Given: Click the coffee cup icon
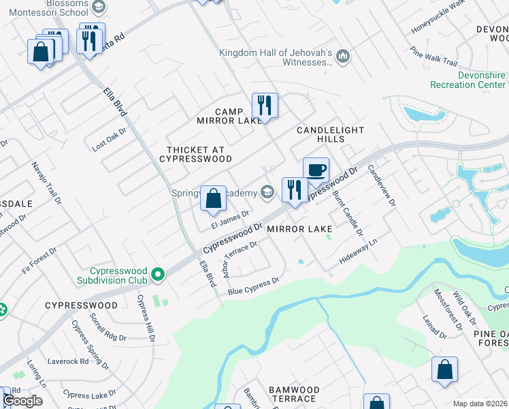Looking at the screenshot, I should point(316,169).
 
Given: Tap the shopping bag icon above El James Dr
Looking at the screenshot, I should point(214,198).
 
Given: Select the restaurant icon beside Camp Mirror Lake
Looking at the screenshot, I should point(265,105).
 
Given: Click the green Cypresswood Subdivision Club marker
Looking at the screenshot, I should point(159,275).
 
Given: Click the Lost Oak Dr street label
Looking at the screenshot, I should point(110,139).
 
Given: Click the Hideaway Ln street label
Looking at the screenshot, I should point(358,252).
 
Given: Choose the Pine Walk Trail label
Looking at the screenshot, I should point(433,56).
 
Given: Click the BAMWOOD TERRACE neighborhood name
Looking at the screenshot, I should point(293,394).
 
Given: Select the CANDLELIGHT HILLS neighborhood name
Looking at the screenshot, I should point(331,134).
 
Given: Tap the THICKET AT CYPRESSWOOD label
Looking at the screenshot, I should point(195,153).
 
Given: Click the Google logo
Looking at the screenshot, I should point(23,401).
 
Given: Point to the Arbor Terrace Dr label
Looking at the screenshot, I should point(240,260).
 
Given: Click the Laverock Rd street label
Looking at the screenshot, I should point(68,361).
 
